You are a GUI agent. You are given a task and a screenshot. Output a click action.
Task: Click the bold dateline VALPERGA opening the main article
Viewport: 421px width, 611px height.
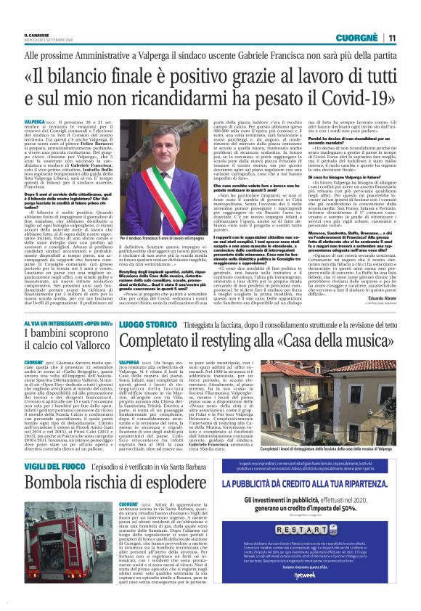35,121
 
